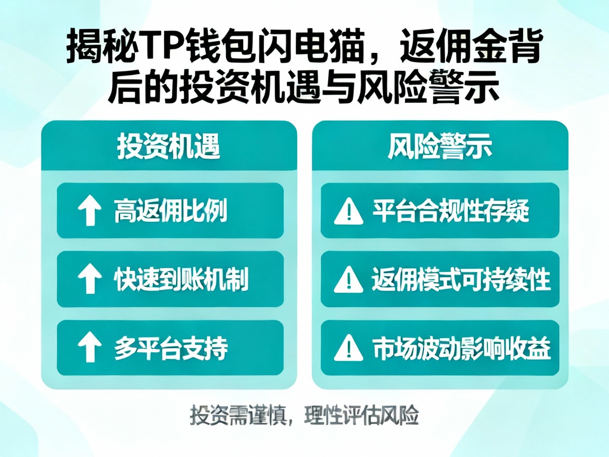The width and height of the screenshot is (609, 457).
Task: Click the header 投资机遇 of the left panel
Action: (x=169, y=147)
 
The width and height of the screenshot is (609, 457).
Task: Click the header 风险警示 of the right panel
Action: (x=440, y=147)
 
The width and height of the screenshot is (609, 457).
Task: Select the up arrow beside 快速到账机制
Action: (x=89, y=280)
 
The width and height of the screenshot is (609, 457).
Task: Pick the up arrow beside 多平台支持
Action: (x=89, y=348)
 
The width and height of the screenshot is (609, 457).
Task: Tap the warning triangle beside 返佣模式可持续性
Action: (x=349, y=280)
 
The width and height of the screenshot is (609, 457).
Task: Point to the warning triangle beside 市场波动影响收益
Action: (x=349, y=348)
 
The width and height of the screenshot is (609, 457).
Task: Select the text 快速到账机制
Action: (x=181, y=280)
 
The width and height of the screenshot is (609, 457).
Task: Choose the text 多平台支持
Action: (x=171, y=348)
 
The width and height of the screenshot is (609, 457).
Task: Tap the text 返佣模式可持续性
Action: (x=461, y=280)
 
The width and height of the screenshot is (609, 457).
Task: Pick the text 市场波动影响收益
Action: (x=462, y=348)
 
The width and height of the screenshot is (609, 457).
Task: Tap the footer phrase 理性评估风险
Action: (x=362, y=416)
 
